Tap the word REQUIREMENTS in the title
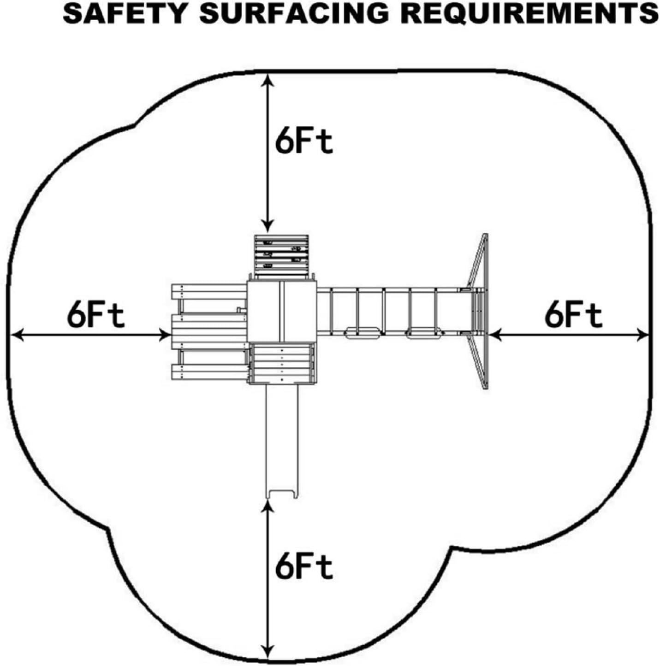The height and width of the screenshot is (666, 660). coord(529,13)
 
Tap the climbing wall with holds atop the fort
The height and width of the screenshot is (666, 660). coord(281,256)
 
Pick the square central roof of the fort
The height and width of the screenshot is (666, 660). coord(281,311)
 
